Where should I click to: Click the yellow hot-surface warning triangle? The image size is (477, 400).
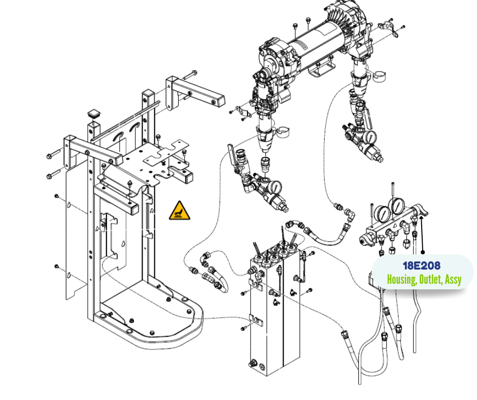coord(180,211)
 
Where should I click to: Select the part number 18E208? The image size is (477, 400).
coord(421,265)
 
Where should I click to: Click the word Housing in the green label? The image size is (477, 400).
coord(401,280)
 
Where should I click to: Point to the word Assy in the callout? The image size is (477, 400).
coord(453,280)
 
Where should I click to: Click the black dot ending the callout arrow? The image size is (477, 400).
coord(422,252)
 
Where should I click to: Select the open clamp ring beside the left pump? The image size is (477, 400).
coord(282,131)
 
